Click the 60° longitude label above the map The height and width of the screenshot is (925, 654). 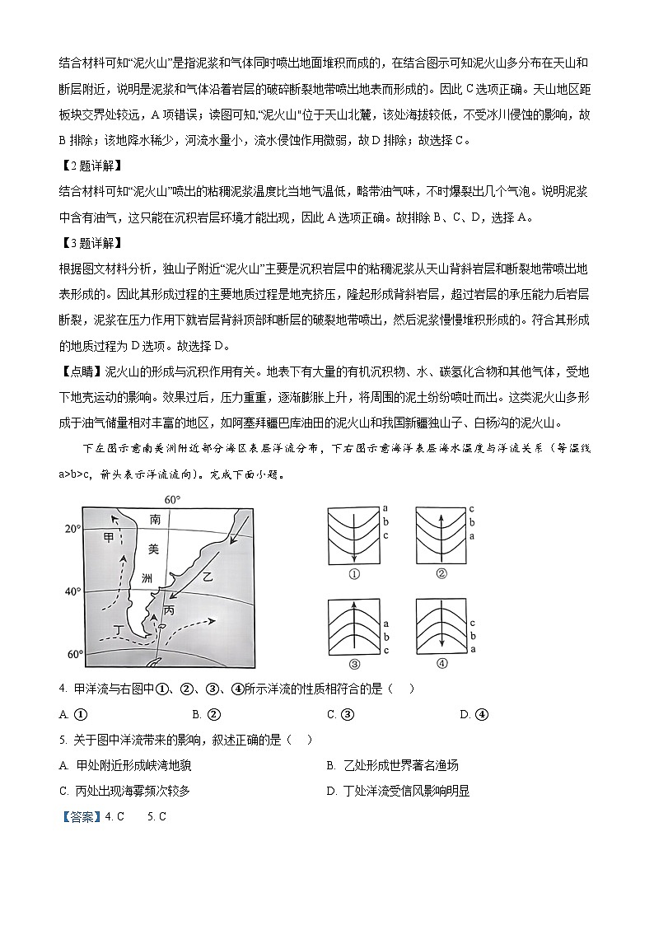tap(172, 500)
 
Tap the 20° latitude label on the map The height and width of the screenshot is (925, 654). tap(73, 530)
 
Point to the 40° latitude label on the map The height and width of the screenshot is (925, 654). tap(73, 591)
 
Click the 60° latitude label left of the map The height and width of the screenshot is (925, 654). tap(73, 655)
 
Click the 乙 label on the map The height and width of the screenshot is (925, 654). tap(208, 577)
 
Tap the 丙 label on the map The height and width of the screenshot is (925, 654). tap(169, 610)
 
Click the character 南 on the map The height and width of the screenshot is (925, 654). tap(155, 520)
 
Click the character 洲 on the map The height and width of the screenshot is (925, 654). tap(147, 578)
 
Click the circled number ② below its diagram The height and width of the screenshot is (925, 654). tap(441, 574)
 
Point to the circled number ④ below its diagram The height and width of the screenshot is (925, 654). tap(441, 665)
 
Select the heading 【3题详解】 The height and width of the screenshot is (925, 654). tap(90, 244)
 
